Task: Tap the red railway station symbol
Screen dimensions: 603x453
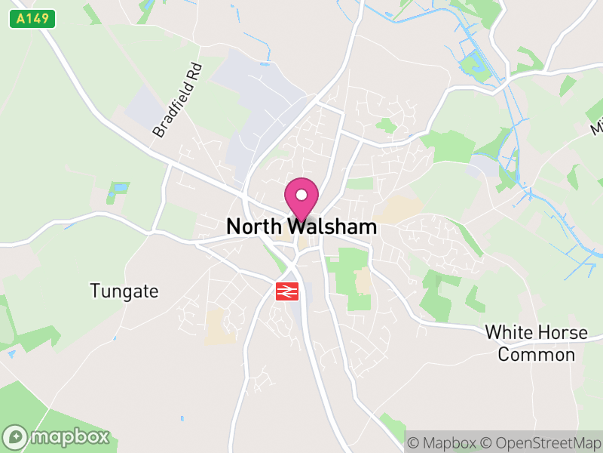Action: click(x=288, y=291)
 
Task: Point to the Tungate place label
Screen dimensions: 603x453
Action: click(x=124, y=291)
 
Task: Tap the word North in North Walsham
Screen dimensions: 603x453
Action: click(x=255, y=226)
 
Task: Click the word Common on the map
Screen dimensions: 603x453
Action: click(x=537, y=355)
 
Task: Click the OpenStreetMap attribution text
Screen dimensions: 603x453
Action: click(x=546, y=442)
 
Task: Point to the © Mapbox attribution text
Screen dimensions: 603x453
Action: click(x=442, y=442)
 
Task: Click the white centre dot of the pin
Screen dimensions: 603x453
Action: click(x=301, y=196)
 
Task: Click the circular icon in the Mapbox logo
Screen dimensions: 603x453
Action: click(x=16, y=436)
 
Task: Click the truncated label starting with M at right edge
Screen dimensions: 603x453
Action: click(x=597, y=127)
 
